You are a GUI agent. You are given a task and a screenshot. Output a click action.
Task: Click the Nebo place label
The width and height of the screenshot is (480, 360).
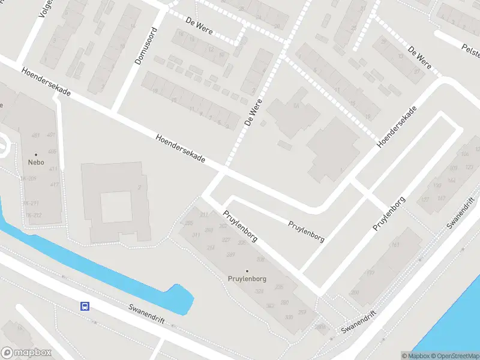pos(35,162)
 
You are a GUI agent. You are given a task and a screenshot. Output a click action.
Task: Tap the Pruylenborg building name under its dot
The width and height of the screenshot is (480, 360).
pos(247,279)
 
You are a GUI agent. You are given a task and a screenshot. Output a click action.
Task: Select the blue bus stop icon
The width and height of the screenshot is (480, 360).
pos(85,305)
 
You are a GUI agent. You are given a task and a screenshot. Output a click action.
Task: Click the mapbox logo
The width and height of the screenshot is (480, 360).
pos(26,352)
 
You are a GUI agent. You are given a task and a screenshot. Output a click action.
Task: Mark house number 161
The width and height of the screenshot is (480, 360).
pos(395,245)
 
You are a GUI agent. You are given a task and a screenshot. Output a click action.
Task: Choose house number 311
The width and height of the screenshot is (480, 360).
pos(196,235)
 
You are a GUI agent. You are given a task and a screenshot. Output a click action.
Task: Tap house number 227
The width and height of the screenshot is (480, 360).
pos(226,240)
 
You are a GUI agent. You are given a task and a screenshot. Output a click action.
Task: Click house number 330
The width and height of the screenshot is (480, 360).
pos(289,317)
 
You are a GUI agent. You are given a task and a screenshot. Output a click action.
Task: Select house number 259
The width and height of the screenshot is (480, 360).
pos(302,313)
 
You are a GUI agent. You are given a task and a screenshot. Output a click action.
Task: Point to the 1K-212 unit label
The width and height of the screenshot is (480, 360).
pos(33,215)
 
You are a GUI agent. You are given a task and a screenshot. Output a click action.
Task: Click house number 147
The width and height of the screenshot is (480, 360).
pos(441,199)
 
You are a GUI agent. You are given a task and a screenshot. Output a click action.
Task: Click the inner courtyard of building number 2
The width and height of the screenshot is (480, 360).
pos(115,206)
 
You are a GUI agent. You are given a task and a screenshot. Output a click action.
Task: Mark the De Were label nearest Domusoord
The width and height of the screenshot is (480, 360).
pos(199,25)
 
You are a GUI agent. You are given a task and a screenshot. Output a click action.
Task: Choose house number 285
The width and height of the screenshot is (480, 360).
pos(190,224)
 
